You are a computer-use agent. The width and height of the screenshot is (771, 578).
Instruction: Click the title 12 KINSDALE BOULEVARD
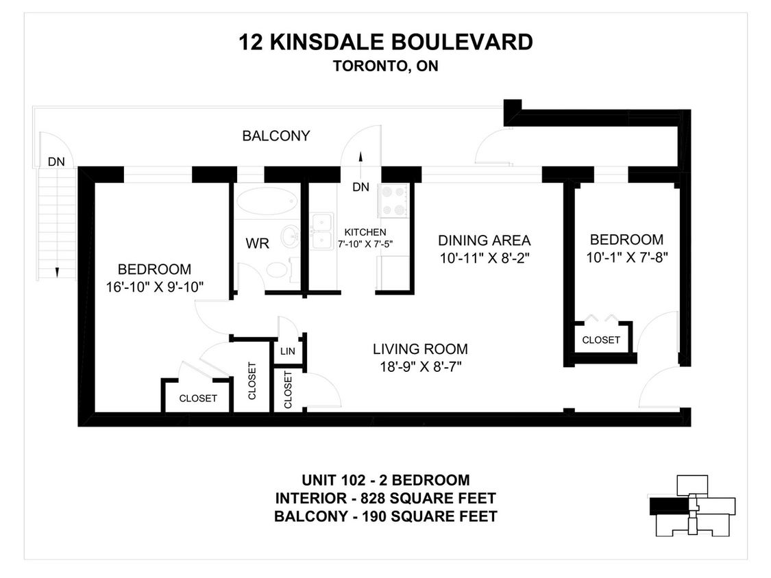[x=385, y=42]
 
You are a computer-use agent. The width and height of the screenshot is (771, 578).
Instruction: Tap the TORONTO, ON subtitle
[x=385, y=66]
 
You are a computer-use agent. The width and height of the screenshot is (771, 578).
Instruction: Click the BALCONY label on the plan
[x=276, y=136]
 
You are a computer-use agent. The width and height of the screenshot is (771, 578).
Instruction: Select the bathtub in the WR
[x=267, y=202]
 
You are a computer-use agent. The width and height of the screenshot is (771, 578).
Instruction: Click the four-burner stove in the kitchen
[x=394, y=201]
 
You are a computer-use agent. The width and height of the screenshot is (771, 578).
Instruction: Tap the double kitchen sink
[x=322, y=231]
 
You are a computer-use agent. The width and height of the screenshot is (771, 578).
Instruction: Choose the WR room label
[x=257, y=243]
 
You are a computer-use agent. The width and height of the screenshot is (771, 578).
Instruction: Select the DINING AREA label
[x=484, y=240]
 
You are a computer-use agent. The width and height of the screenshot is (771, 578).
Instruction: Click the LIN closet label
[x=287, y=351]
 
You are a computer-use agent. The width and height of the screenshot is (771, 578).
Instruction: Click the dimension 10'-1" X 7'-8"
[x=626, y=257]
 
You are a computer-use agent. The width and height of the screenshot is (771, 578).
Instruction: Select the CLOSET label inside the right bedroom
[x=601, y=340]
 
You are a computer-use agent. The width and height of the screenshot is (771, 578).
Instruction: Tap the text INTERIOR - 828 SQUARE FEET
[x=385, y=498]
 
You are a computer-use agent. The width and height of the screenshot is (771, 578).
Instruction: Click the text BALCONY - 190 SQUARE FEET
[x=385, y=516]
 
